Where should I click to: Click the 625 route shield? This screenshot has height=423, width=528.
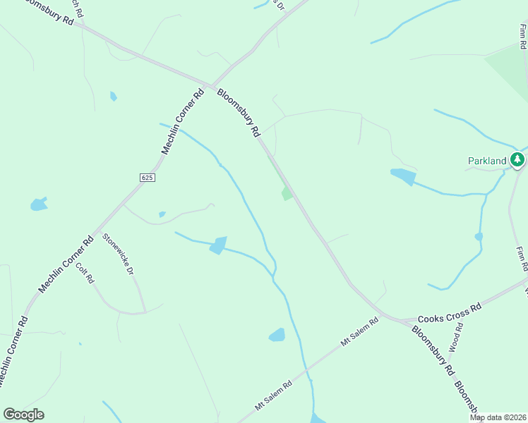(146, 177)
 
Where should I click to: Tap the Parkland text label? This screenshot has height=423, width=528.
(487, 161)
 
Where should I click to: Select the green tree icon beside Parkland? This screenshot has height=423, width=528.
(518, 161)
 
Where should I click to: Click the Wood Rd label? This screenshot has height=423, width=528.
(455, 338)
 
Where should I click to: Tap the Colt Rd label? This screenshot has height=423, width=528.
(85, 273)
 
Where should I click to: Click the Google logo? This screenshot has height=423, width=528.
(23, 415)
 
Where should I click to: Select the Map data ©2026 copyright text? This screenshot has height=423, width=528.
(498, 417)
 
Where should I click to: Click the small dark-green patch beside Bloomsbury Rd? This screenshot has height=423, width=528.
(286, 193)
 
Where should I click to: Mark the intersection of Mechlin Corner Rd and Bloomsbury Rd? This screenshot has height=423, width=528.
(210, 87)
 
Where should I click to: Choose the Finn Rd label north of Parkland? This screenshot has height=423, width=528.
(522, 37)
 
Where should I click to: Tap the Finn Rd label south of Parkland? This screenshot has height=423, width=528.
(521, 259)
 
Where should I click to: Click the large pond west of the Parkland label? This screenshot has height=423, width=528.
(403, 176)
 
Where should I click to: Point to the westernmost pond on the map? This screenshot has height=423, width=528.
(38, 205)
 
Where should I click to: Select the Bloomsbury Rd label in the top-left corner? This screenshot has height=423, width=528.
(47, 12)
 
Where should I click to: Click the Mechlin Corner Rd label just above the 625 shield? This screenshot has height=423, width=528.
(183, 121)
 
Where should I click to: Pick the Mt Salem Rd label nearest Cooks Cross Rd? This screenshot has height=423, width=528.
(360, 331)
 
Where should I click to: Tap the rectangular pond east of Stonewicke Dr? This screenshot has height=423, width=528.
(218, 245)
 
